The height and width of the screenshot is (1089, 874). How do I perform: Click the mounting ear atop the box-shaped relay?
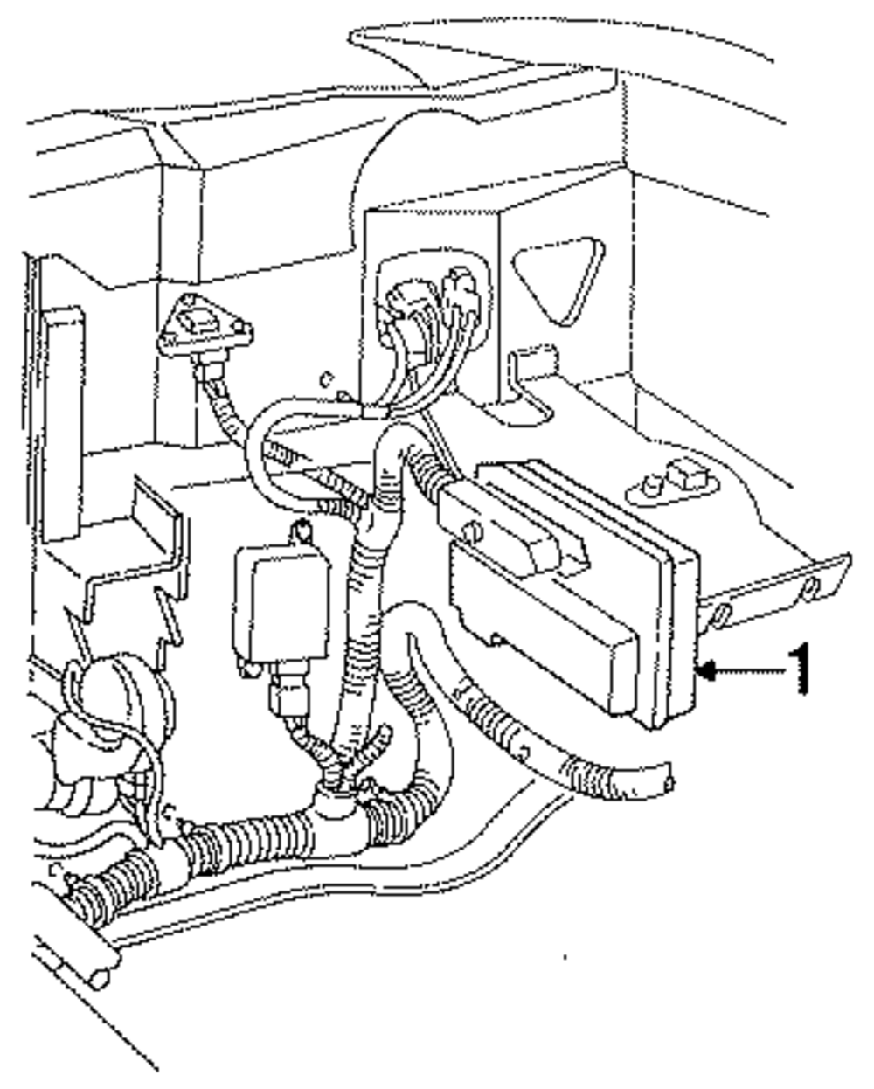point(301,531)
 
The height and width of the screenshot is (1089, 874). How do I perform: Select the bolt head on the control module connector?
point(473,531)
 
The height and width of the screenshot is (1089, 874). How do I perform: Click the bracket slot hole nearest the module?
point(720,616)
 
